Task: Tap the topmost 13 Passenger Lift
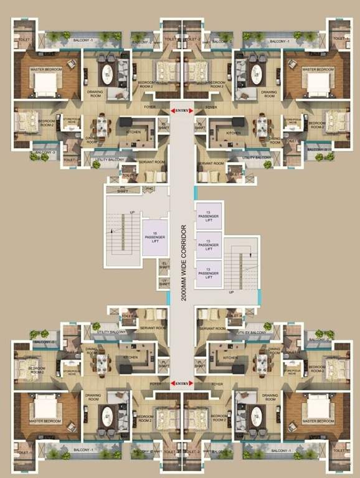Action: point(208,215)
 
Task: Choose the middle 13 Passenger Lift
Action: point(208,245)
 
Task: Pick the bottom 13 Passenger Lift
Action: point(208,273)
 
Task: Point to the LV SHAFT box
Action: point(164,284)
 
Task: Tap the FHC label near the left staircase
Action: point(149,189)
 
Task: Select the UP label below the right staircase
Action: point(232,292)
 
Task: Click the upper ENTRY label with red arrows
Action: point(182,111)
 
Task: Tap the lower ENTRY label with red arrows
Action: point(182,383)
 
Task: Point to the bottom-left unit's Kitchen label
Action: point(130,358)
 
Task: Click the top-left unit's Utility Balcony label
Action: point(110,160)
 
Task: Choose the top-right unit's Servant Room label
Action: point(212,163)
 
